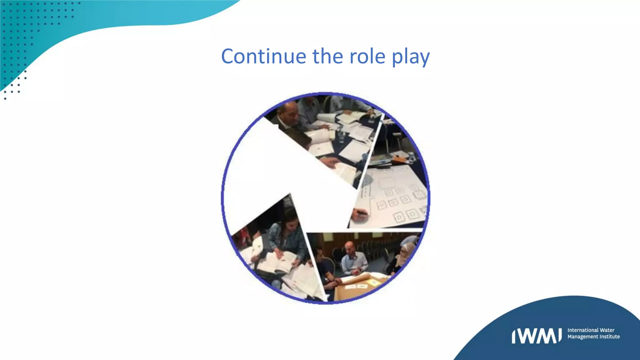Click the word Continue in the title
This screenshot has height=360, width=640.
263,57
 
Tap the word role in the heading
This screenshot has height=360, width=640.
367,57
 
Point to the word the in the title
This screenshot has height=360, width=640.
327,57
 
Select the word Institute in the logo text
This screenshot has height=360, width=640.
608,337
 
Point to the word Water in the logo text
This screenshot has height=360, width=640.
607,330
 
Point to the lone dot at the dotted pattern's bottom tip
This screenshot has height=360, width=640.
5,99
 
